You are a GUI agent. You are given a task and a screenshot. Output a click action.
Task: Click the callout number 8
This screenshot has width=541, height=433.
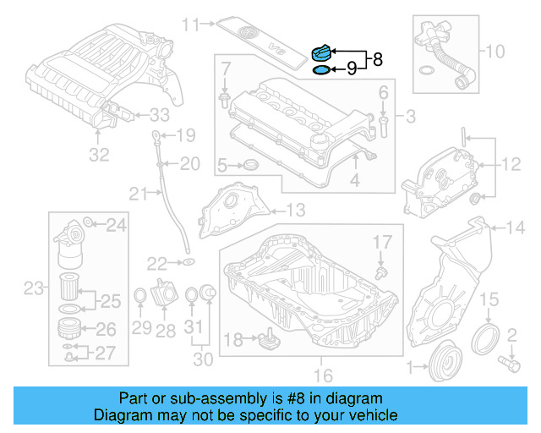click(x=377, y=60)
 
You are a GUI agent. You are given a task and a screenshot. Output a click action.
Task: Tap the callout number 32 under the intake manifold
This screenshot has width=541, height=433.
click(x=100, y=155)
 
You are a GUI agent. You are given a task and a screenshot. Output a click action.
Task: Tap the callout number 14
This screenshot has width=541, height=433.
click(x=516, y=226)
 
